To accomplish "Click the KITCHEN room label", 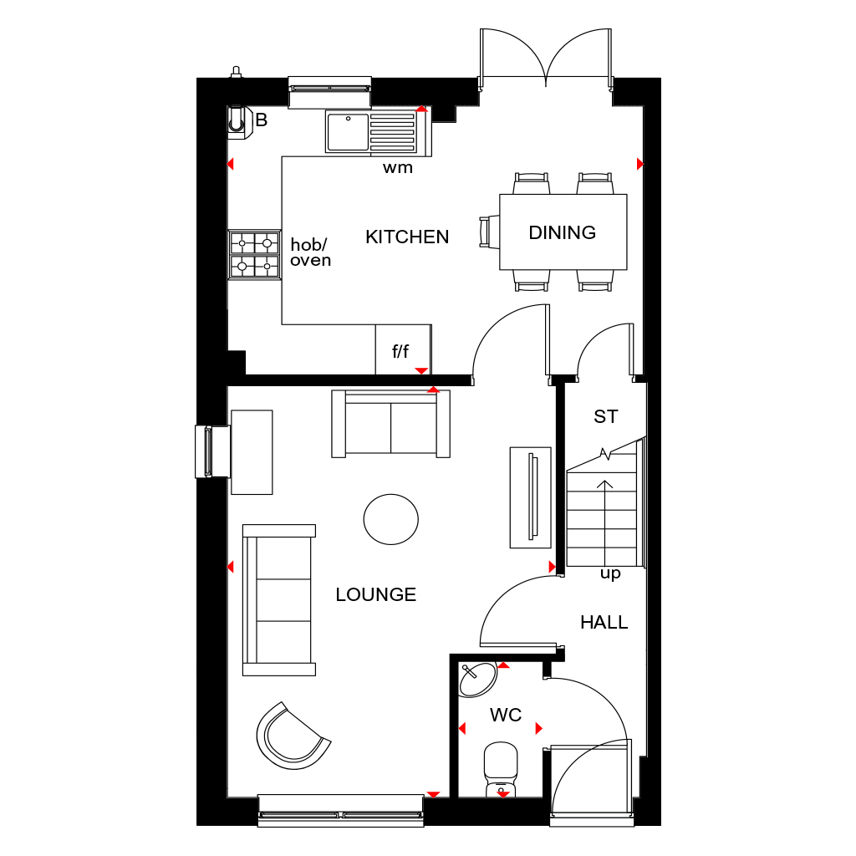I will coord(407,237).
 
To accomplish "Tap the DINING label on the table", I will coord(562,233).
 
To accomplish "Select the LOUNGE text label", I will coord(375,595).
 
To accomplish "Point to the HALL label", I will coord(604,623).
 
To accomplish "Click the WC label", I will coord(506,716).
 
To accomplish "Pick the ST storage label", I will coord(605,416).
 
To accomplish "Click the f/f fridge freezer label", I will coord(400,352).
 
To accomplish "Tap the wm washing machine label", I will coord(398,168).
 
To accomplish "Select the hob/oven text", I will coord(310,252).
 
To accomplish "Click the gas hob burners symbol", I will coord(255,255).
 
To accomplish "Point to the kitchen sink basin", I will coord(347,132).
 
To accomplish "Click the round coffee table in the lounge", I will coord(390,519).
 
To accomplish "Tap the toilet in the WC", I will coord(501,767).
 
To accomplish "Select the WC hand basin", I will coord(478,678).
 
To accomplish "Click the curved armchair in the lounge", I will coord(292,736).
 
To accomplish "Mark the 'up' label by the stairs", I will coord(610,574).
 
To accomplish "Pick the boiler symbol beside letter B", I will coord(239,121).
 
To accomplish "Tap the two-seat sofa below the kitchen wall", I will coord(390,423).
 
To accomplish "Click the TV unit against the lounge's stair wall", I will coord(531,497).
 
